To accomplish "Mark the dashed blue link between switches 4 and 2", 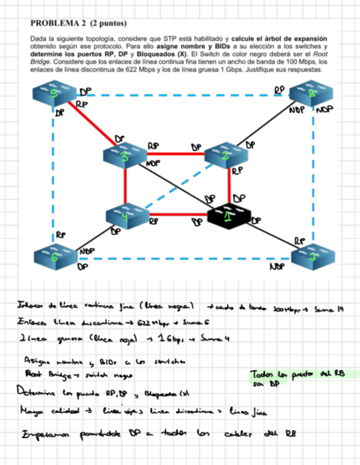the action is (176, 186).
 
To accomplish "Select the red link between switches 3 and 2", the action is (176, 154).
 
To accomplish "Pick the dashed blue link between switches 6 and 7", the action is (181, 258).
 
